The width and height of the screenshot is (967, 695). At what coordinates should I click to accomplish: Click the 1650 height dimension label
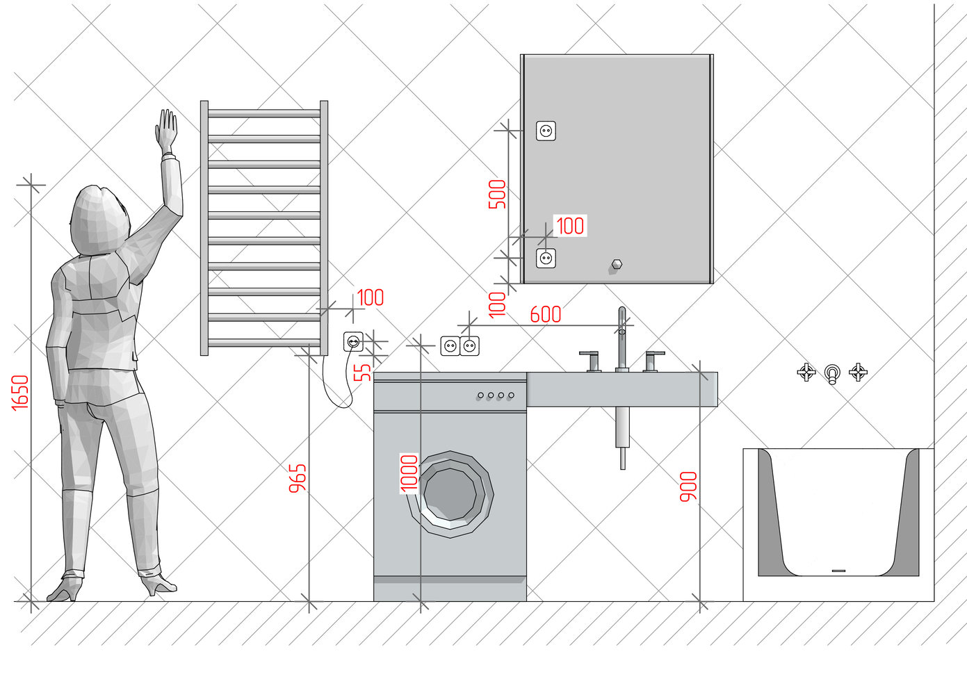point(20,392)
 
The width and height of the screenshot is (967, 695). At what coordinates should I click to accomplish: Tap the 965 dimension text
point(298,479)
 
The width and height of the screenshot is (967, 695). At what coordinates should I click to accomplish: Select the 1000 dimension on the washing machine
point(409,473)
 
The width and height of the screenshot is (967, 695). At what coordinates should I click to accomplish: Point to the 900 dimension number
point(688,486)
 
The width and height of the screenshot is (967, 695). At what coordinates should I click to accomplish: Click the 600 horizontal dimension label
point(545,315)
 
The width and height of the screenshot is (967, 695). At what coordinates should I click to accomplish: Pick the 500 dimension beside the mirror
point(497,194)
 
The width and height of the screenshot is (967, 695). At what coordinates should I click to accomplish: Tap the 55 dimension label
point(362,373)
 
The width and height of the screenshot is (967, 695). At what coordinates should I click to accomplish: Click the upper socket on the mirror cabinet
point(546,131)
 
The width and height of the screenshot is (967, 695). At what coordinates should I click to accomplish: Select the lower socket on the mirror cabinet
point(546,259)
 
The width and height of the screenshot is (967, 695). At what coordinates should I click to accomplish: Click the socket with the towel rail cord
point(353,341)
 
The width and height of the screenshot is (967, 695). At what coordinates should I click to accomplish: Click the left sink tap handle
point(591,361)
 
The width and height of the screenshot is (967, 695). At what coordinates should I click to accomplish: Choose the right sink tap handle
point(653,361)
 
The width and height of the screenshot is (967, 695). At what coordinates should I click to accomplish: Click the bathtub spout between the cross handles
point(832,373)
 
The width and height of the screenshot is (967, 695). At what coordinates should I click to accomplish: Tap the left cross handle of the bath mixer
point(806,372)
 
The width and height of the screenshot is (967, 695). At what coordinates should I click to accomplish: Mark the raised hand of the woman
point(167,130)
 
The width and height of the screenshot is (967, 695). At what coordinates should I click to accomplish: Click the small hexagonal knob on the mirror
point(617,264)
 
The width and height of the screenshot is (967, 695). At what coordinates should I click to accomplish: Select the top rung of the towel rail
point(264,113)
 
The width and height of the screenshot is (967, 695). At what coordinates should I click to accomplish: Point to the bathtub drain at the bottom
point(838,571)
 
